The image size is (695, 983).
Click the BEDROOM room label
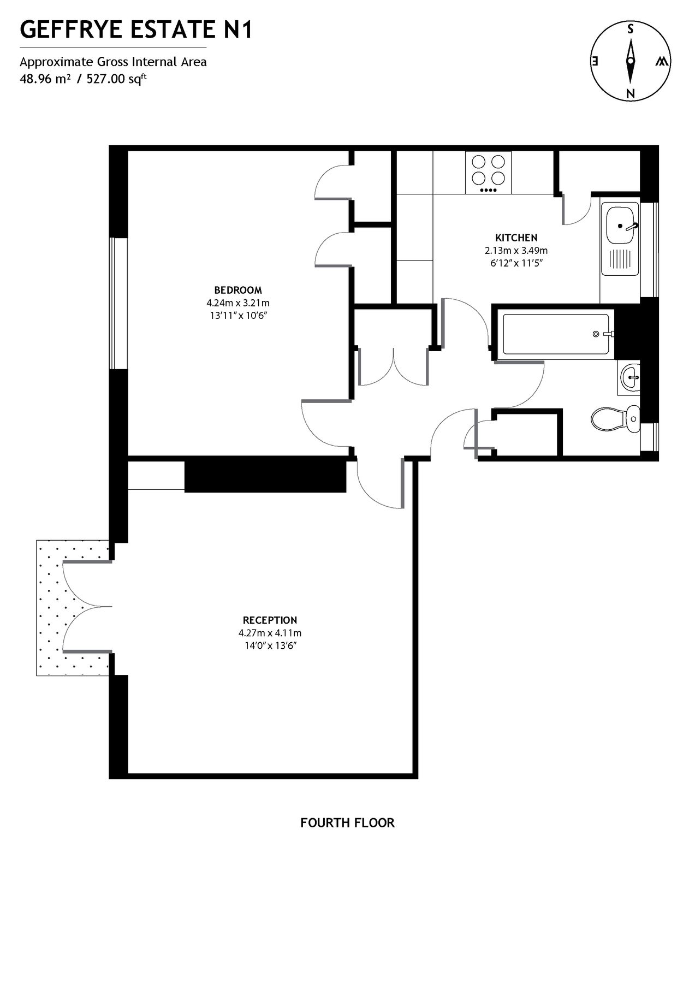point(237,290)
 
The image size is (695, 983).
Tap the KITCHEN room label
point(516,238)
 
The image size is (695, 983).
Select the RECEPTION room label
point(270,620)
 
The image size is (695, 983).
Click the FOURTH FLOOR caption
point(347,822)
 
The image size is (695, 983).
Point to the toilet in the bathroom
point(616,419)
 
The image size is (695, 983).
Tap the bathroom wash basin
point(630,377)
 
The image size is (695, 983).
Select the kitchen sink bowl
point(620,224)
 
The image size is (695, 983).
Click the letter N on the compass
point(631,92)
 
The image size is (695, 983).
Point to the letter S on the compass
point(630,29)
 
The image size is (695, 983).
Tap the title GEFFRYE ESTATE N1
point(136,29)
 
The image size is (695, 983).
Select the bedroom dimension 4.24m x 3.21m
point(237,303)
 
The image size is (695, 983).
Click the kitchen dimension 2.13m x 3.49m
point(516,251)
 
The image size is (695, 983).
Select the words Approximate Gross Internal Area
point(114,62)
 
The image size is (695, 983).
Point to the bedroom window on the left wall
point(118,303)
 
